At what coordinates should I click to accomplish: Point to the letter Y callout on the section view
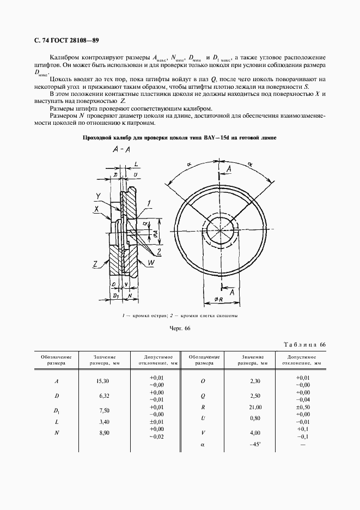point(98,196)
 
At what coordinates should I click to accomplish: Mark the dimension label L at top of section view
point(136,163)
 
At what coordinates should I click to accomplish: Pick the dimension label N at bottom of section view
point(131,295)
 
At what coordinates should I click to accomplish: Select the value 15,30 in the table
point(102,381)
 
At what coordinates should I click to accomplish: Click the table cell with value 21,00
point(255,407)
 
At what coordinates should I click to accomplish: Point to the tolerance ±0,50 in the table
point(302,407)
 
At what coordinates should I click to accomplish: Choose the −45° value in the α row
point(255,445)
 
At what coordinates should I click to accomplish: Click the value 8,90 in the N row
point(102,433)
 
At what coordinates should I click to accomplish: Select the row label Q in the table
point(203,395)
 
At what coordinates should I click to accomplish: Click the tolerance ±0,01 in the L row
point(156,422)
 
